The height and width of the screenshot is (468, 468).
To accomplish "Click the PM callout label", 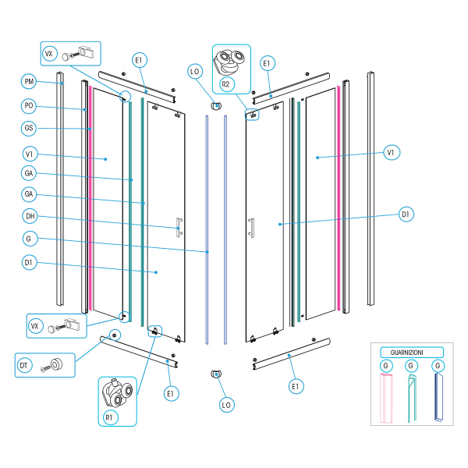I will [29, 81].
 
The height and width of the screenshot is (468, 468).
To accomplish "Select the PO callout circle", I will [29, 105].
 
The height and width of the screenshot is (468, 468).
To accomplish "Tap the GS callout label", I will [29, 128].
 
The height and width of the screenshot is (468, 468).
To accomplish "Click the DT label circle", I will [23, 363].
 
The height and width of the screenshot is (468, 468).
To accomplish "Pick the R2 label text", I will [225, 82].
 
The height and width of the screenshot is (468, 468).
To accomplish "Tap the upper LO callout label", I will [195, 72].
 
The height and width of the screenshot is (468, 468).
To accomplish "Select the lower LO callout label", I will [227, 405].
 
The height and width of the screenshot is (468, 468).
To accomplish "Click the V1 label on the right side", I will [391, 153].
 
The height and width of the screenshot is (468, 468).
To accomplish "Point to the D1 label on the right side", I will [406, 213].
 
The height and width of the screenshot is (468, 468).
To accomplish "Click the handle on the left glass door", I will [179, 226].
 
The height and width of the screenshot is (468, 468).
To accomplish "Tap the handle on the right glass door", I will [251, 226].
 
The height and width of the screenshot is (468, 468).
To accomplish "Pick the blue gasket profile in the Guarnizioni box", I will [438, 397].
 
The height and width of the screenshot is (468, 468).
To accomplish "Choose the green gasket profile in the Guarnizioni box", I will [412, 397].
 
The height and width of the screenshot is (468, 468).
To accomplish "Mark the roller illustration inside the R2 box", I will [231, 61].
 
